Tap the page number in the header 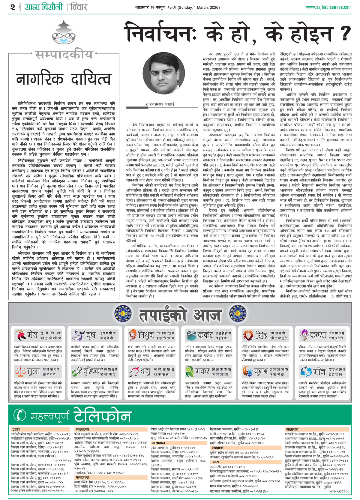[x=13, y=7]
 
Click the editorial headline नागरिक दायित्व [x=64, y=79]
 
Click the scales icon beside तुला [x=20, y=372]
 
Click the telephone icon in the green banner [x=20, y=415]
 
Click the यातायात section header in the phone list [x=292, y=430]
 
